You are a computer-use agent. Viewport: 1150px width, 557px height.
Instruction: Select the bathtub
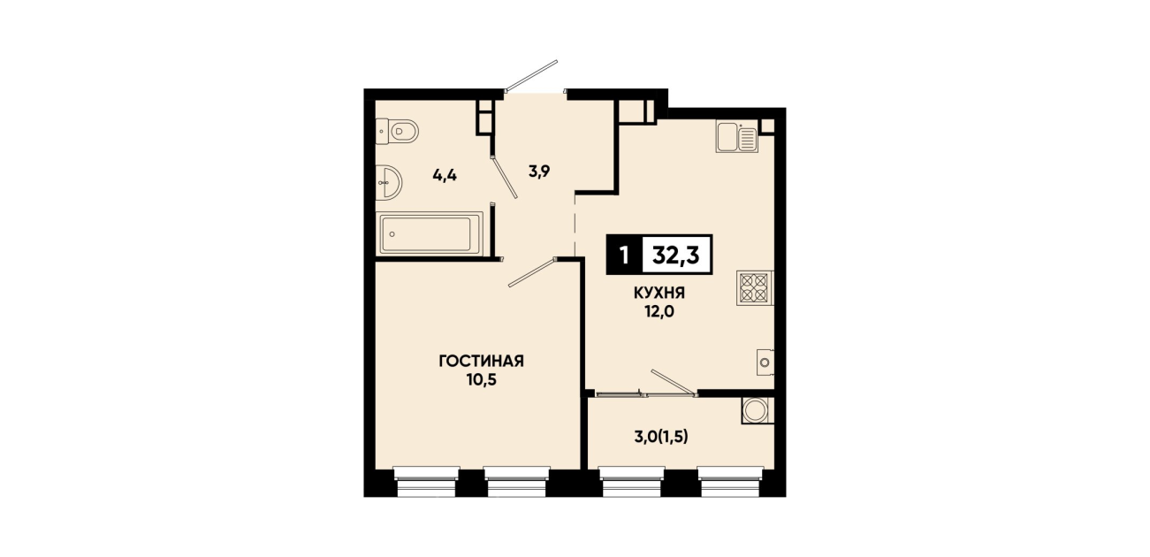pos(430,233)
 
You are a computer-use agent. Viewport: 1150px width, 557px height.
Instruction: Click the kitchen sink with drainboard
pos(737,137)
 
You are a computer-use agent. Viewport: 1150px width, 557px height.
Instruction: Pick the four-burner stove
pos(755,288)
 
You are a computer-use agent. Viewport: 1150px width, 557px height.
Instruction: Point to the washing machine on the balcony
pos(758,410)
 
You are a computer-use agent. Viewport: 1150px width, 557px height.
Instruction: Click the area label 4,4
pos(445,176)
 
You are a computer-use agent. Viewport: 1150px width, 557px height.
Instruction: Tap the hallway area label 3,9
pos(539,172)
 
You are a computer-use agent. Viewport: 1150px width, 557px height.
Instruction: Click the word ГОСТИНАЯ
pos(481,362)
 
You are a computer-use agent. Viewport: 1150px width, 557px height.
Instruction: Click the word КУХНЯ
pos(659,294)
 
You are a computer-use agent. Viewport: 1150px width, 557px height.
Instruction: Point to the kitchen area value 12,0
pos(659,311)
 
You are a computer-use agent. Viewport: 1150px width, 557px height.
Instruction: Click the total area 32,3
pos(675,255)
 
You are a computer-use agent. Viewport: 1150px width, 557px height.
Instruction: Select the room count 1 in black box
pos(624,255)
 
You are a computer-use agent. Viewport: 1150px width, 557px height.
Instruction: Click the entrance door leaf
pos(531,76)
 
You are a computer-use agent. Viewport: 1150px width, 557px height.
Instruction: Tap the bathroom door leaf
pos(505,176)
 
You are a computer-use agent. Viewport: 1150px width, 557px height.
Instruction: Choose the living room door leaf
pos(532,272)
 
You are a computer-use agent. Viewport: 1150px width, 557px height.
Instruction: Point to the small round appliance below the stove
pos(765,362)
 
